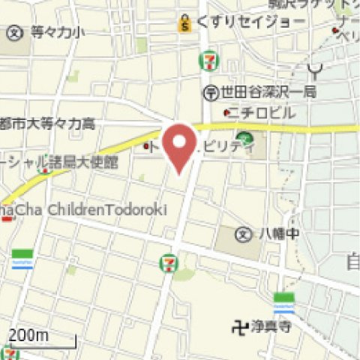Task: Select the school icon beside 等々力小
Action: pos(15,32)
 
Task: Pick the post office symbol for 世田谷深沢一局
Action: pos(211,92)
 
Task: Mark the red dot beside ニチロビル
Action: pos(227,114)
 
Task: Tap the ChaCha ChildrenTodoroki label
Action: pos(82,210)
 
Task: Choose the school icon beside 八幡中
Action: pos(243,234)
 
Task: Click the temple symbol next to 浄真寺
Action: pos(239,326)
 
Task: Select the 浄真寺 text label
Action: pos(271,326)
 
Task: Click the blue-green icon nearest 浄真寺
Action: pos(284,303)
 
